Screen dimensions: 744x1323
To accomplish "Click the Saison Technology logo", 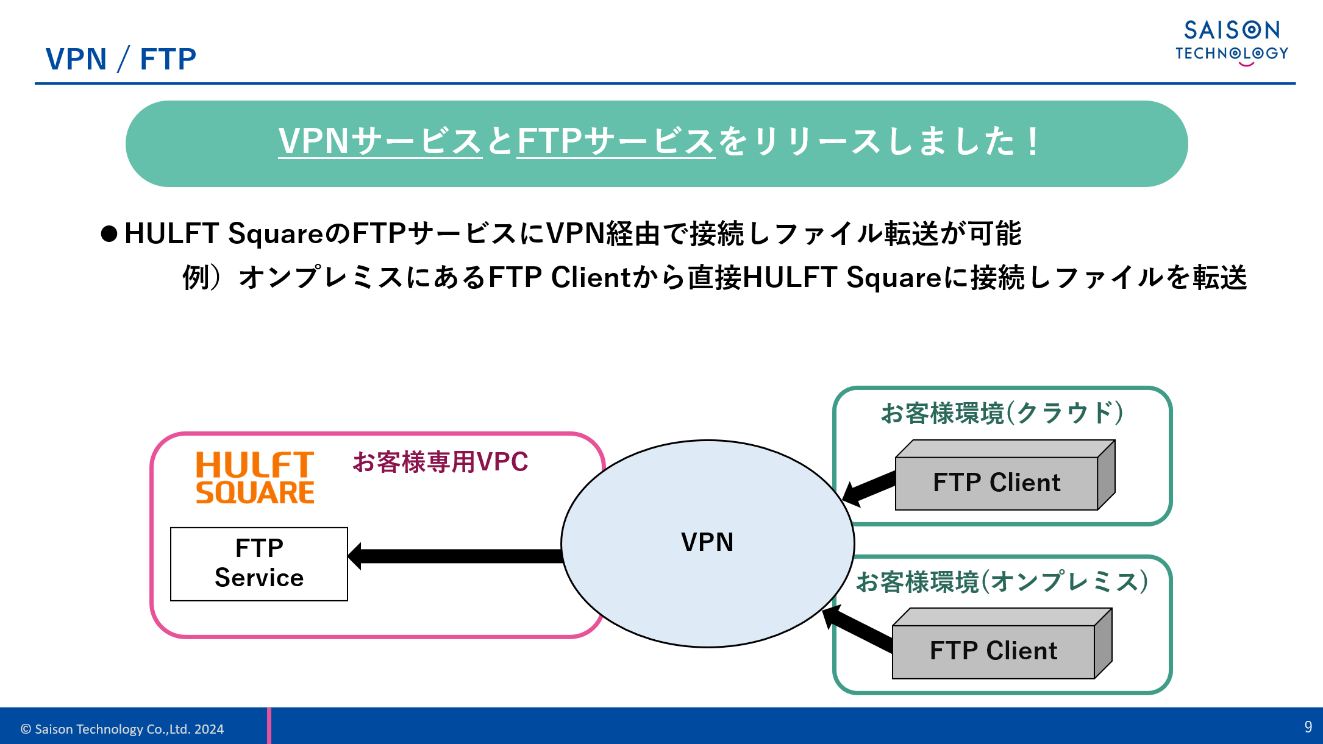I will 1232,41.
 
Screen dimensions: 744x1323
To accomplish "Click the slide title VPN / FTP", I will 121,59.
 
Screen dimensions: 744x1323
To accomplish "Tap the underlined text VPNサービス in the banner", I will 380,141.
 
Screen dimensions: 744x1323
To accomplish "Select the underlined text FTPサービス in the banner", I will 616,141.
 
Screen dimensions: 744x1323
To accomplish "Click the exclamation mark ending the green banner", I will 1032,142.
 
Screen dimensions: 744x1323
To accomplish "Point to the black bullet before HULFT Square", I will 109,234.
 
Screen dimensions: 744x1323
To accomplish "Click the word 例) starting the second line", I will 201,278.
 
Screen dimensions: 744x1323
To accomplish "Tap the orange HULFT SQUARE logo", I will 255,478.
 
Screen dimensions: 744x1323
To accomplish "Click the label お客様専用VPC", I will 440,462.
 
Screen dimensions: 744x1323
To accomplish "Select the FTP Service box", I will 259,564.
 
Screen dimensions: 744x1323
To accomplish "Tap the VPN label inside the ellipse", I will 707,542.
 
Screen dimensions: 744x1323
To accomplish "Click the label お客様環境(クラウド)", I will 1002,413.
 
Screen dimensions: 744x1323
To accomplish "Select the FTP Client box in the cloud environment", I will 997,483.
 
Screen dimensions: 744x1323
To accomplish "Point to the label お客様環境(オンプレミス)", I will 1002,582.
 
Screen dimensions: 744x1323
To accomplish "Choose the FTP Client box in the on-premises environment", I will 994,651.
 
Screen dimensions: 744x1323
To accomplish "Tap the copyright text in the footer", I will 122,729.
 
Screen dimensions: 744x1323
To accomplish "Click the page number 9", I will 1308,726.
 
